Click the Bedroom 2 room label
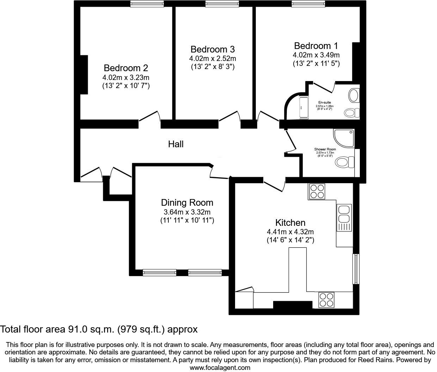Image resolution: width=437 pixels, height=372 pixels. point(126,68)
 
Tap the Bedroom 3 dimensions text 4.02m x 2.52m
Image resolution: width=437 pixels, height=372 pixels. point(213,58)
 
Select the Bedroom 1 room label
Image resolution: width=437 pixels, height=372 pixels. point(316,46)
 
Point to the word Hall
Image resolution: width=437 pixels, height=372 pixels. point(176,144)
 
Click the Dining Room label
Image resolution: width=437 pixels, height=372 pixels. point(187,203)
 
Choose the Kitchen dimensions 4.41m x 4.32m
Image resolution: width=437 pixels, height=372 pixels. point(290,232)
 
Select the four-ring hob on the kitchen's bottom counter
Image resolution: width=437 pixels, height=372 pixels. point(326,300)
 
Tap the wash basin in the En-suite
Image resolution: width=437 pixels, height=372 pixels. point(353,95)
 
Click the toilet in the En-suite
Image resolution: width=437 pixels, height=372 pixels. point(351,113)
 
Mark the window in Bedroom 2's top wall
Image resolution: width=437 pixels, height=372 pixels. point(147,4)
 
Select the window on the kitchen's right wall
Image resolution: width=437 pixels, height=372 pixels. point(356,268)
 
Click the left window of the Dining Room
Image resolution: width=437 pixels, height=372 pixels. point(159,272)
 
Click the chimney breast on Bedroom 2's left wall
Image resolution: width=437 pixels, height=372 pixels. point(84,74)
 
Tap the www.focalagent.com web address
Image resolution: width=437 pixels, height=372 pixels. point(220,368)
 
